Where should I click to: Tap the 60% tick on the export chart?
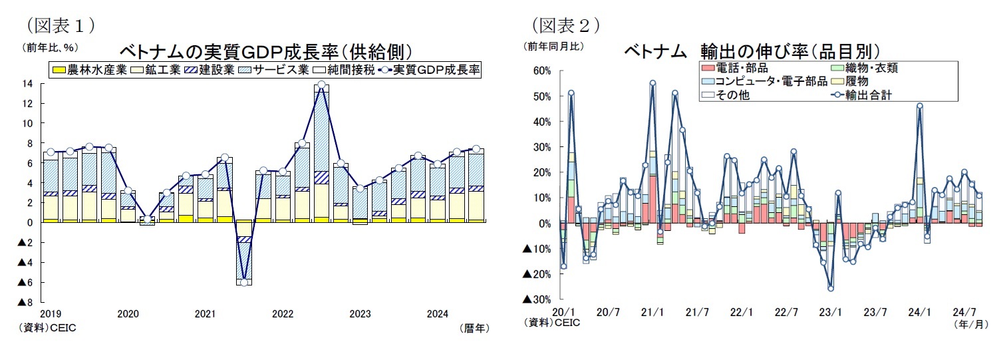[540, 71]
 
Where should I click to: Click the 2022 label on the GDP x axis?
[283, 313]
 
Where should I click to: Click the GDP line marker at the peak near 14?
[321, 85]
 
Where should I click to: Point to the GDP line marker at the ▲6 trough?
[244, 282]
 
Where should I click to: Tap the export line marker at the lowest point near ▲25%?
[831, 287]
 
